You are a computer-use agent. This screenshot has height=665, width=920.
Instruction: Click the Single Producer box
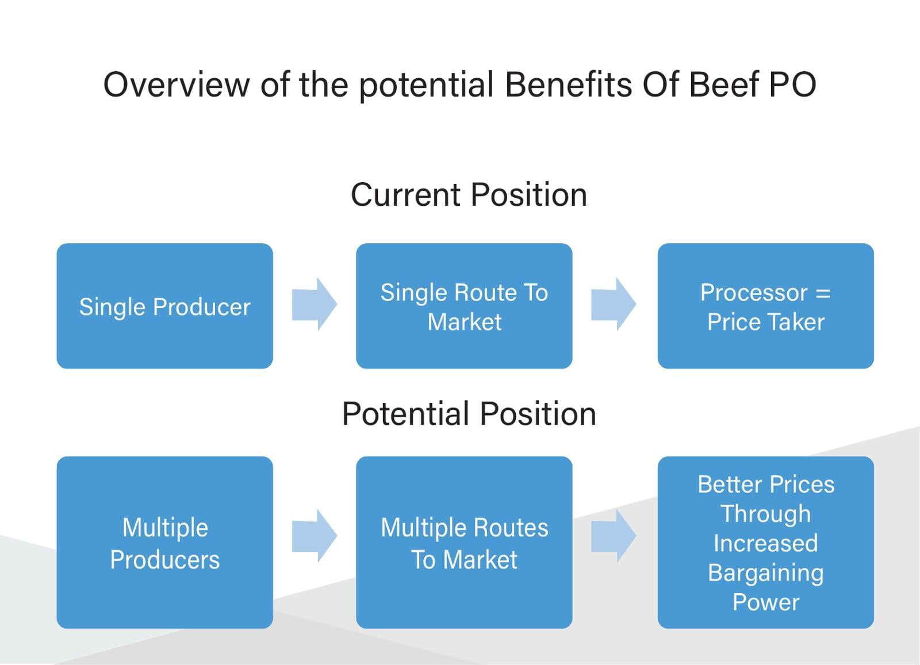pos(164,306)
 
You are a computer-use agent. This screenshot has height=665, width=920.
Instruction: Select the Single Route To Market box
pos(464,306)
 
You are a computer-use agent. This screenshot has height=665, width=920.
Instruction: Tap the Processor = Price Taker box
pos(765,306)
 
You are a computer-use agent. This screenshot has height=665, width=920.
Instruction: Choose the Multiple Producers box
pos(164,542)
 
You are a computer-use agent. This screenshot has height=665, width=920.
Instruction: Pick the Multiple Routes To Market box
pos(464,542)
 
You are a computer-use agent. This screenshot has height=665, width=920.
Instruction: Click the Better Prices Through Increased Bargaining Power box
pos(765,542)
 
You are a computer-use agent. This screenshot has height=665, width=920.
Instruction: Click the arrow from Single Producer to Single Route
pos(315,304)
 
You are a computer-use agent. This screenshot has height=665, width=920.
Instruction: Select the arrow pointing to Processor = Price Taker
pos(614,304)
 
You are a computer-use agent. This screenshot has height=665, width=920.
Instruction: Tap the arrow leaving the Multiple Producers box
pos(315,536)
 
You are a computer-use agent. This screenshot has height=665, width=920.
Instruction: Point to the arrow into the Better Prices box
pos(614,536)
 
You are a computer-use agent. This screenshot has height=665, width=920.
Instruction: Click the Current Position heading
pos(469,195)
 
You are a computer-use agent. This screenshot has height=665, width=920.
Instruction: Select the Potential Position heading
pos(469,413)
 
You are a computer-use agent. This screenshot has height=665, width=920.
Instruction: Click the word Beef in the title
pos(722,84)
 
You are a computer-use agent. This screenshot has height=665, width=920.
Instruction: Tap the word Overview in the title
pos(177,84)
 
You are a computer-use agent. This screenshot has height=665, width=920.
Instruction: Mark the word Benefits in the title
pos(569,84)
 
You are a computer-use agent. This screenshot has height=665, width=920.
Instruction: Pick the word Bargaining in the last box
pos(765,574)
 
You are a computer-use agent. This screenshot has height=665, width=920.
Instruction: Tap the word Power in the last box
pos(766,602)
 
